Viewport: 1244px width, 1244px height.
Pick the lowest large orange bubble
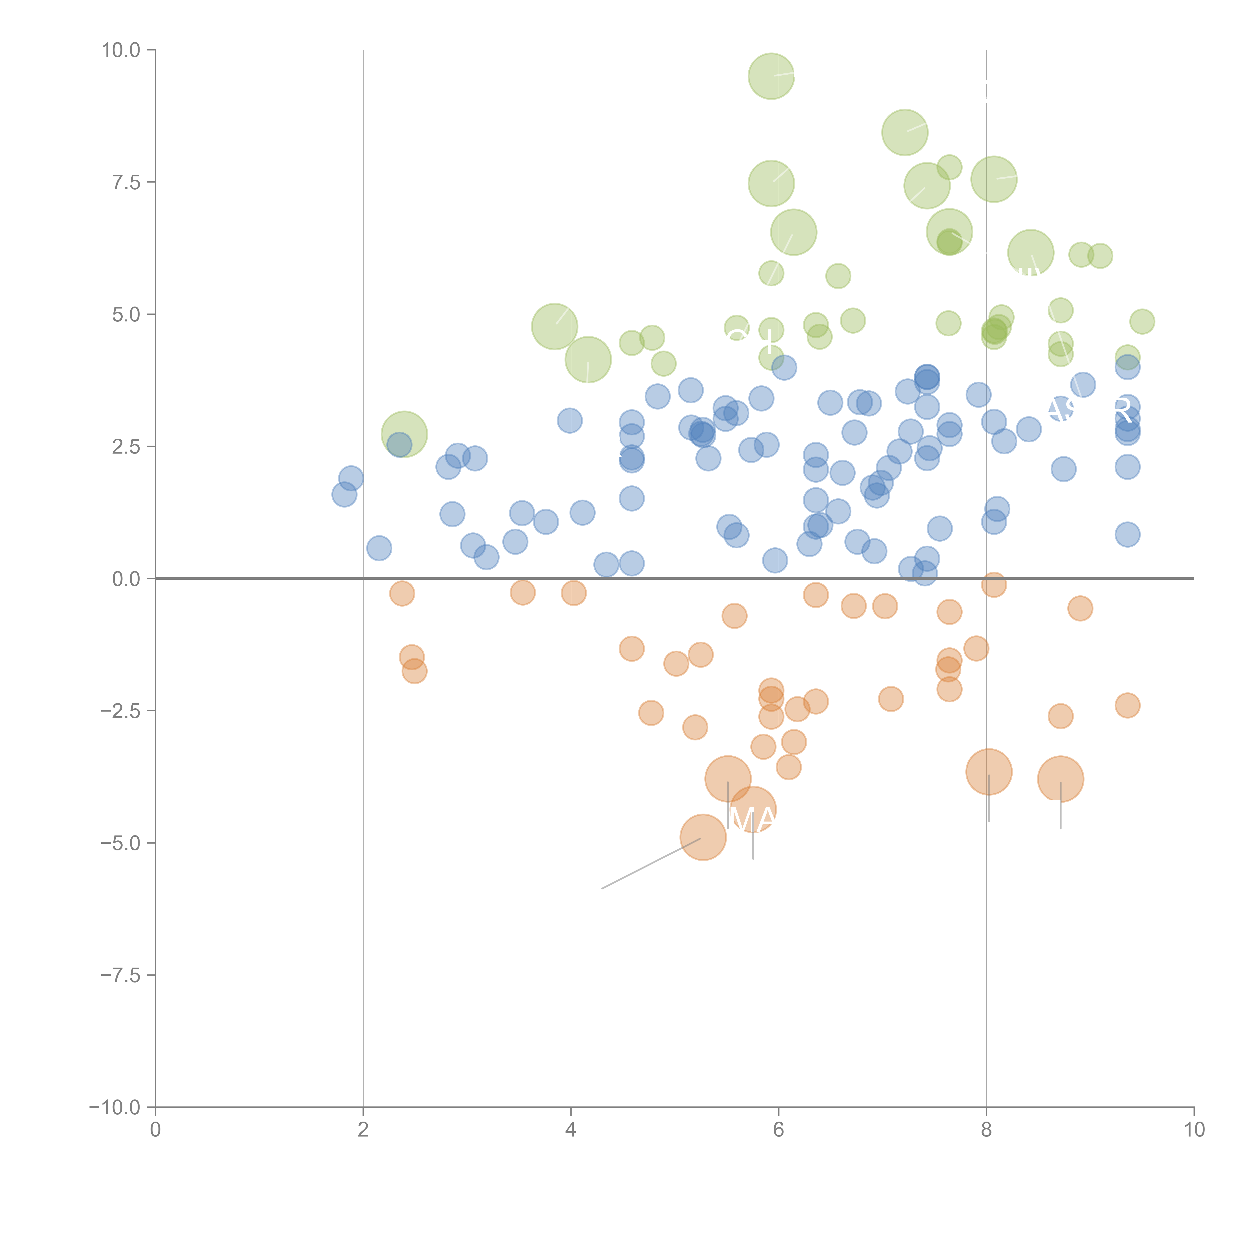(x=703, y=837)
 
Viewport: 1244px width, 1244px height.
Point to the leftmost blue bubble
(x=345, y=495)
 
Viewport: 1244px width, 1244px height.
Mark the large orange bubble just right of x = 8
(x=989, y=772)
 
